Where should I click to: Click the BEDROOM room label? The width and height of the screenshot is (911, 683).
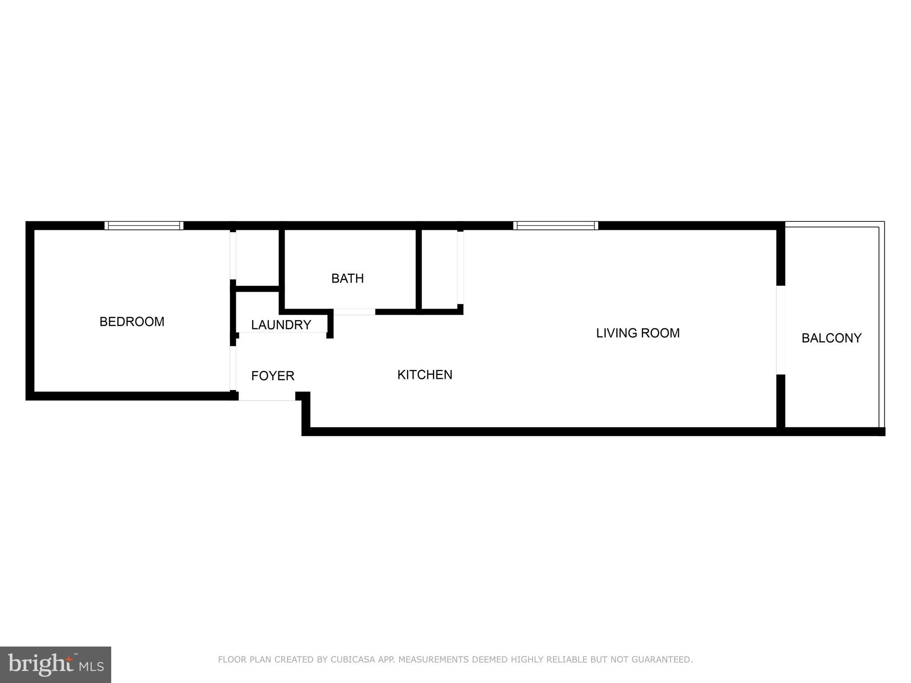(x=132, y=321)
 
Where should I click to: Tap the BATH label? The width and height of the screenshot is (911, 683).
(x=347, y=278)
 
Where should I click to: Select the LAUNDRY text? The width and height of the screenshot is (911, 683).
(x=281, y=325)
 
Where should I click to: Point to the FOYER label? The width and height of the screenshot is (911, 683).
(x=273, y=376)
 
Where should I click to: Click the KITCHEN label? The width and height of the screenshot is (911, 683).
(x=424, y=375)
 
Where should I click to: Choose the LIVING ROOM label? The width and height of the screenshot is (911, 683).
(x=637, y=333)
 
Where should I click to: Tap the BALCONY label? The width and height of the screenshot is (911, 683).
(x=831, y=338)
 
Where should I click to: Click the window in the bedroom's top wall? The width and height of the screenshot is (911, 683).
(x=144, y=225)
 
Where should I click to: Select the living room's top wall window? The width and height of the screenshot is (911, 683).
(x=555, y=225)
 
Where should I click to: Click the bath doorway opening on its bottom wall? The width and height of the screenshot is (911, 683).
(x=354, y=312)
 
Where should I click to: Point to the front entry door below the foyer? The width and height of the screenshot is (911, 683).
(x=267, y=396)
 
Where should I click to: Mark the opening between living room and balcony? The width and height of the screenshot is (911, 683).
(x=780, y=329)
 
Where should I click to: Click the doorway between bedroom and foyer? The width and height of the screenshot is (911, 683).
(x=233, y=368)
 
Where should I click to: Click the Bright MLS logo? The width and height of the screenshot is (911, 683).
(x=56, y=664)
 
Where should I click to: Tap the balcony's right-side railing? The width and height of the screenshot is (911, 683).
(x=882, y=327)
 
